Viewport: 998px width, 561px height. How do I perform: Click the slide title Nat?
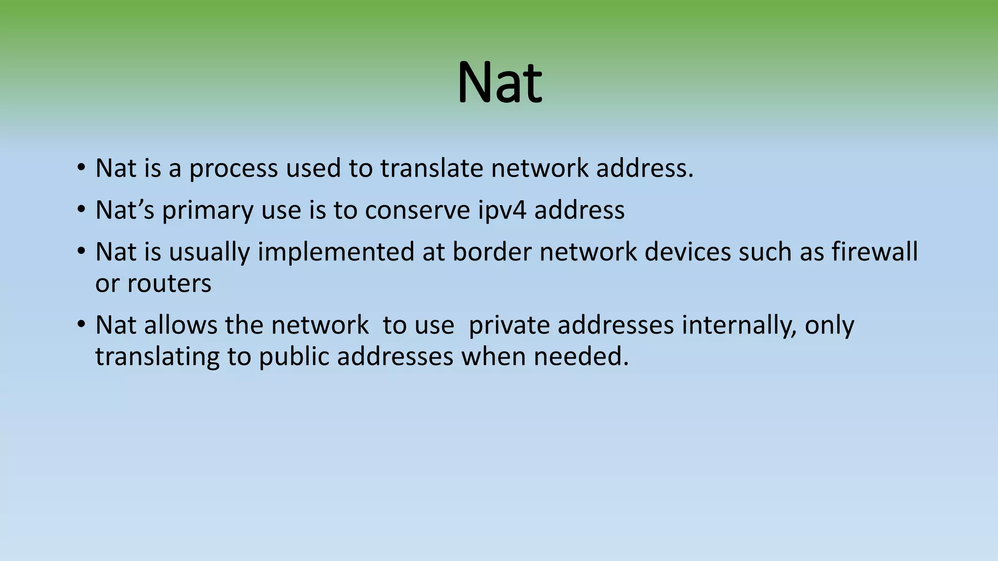coord(499,82)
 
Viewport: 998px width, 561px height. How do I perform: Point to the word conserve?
coord(417,210)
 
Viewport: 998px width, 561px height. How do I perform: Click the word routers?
coord(169,283)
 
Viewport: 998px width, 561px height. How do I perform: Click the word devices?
coord(688,252)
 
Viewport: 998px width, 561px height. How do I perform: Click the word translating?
coord(157,357)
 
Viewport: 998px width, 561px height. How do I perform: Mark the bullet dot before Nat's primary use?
coord(81,210)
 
